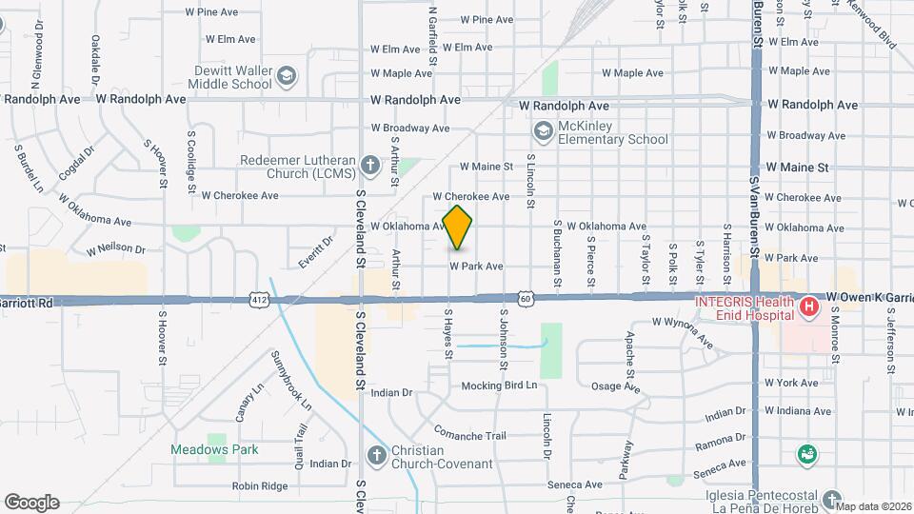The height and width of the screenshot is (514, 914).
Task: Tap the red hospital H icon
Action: coord(808,306)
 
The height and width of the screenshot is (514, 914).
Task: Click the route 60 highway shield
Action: coord(526,298)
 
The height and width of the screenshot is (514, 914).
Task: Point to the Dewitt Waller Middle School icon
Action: coord(286,74)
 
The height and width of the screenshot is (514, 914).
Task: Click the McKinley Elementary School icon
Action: coord(543,130)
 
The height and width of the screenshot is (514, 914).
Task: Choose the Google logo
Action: coord(31,502)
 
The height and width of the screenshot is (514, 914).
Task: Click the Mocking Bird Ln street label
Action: coord(500,385)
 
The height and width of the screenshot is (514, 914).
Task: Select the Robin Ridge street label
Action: coord(260,485)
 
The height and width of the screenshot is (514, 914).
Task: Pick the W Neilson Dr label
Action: coord(115,250)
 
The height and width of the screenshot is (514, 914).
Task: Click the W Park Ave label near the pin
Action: coord(476,267)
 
